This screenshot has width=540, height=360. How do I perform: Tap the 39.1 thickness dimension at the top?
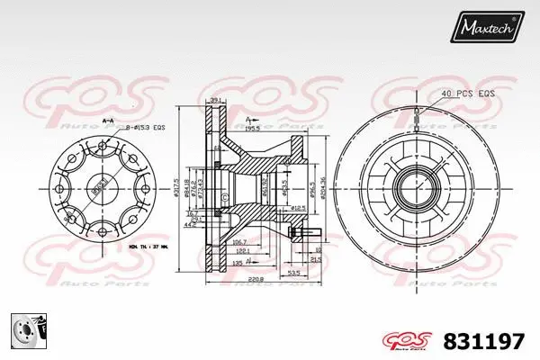coord(216,101)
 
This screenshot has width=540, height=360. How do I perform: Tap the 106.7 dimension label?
coord(242,242)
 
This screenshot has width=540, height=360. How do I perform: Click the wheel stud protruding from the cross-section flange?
coord(303,237)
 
